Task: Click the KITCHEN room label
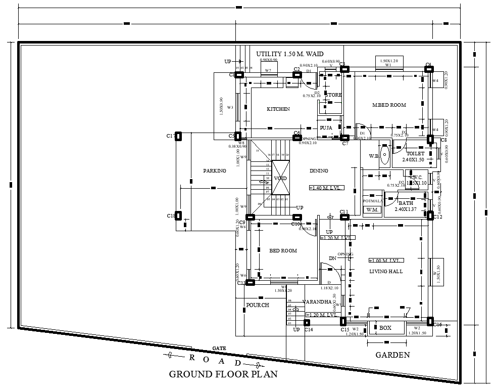click(278, 109)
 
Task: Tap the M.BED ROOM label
click(389, 105)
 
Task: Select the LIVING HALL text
click(386, 272)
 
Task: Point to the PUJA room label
click(326, 128)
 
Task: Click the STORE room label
click(333, 95)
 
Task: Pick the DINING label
click(319, 171)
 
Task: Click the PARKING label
click(215, 171)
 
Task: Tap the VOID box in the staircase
click(281, 179)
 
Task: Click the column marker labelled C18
click(178, 216)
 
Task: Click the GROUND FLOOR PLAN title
click(223, 374)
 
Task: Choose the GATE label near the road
click(219, 348)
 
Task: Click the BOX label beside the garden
click(385, 328)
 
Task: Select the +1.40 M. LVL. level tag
click(326, 188)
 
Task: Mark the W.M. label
click(372, 209)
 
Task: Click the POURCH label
click(257, 305)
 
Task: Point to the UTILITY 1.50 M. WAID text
click(289, 54)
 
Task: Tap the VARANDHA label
click(317, 302)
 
